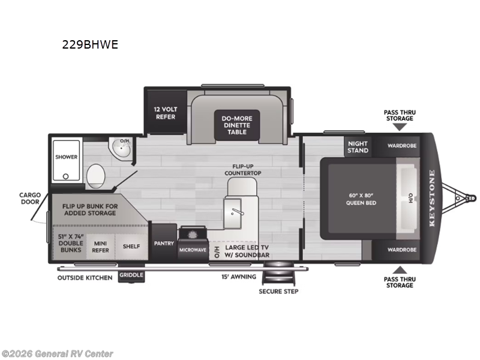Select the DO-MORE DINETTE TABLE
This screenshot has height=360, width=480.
pyautogui.click(x=237, y=125)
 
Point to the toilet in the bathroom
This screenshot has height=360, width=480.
pyautogui.click(x=95, y=177)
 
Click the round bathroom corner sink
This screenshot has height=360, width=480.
pyautogui.click(x=122, y=149)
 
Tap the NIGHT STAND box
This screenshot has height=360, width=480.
pyautogui.click(x=358, y=147)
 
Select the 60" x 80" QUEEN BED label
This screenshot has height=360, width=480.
pyautogui.click(x=361, y=199)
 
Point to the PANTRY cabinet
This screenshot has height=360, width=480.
pyautogui.click(x=163, y=244)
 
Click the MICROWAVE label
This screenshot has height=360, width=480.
pyautogui.click(x=193, y=249)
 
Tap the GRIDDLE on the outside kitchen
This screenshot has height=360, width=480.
pyautogui.click(x=130, y=275)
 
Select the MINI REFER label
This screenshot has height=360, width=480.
pyautogui.click(x=100, y=247)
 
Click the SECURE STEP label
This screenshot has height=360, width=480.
pyautogui.click(x=278, y=292)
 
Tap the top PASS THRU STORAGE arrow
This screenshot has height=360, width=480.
pyautogui.click(x=400, y=127)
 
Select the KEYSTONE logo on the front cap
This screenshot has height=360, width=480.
pyautogui.click(x=432, y=199)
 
